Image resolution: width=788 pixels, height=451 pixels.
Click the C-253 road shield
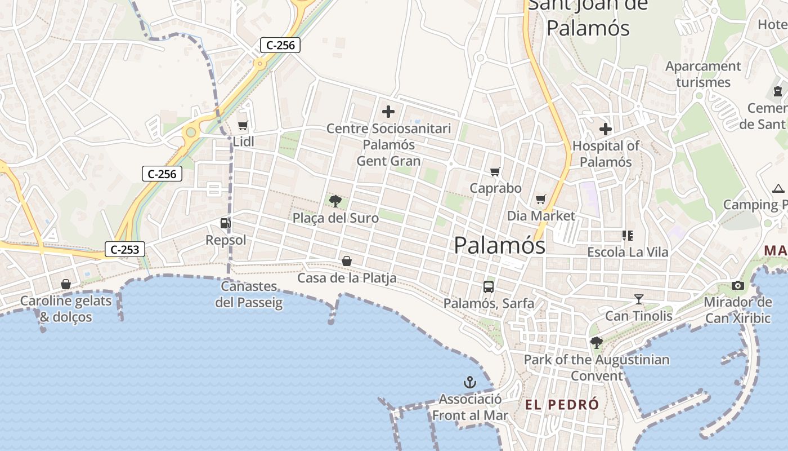tap(125, 249)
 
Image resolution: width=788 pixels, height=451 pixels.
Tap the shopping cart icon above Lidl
tap(243, 125)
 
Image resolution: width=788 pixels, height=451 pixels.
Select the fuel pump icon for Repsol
tap(225, 223)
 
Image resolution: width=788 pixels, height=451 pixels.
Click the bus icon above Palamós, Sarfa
tap(488, 286)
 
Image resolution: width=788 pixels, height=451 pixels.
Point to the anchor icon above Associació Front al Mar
tap(469, 383)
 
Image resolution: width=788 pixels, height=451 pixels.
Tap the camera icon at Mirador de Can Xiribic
tap(738, 285)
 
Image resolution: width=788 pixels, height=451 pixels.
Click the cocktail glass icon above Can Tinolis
tap(638, 299)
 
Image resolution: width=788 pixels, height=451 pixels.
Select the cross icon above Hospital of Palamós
tap(606, 129)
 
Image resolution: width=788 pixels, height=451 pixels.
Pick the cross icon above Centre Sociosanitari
tap(388, 112)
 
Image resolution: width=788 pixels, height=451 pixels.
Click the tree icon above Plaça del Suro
tap(335, 201)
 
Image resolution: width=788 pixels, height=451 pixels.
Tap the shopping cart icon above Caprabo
tap(495, 171)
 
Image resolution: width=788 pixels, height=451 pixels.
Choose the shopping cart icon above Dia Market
tap(541, 199)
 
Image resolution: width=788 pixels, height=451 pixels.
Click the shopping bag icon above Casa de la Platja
tap(347, 261)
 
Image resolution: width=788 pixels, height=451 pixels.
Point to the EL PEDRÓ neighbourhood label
tap(561, 404)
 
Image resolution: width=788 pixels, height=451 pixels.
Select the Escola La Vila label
tap(628, 252)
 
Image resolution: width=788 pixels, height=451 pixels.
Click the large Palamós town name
tap(499, 245)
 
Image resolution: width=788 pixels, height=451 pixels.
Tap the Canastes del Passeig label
tap(249, 294)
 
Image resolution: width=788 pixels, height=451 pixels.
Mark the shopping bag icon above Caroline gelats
tap(66, 284)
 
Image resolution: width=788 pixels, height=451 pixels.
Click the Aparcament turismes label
tap(703, 74)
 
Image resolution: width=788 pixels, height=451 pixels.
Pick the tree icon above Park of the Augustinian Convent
tap(596, 342)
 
